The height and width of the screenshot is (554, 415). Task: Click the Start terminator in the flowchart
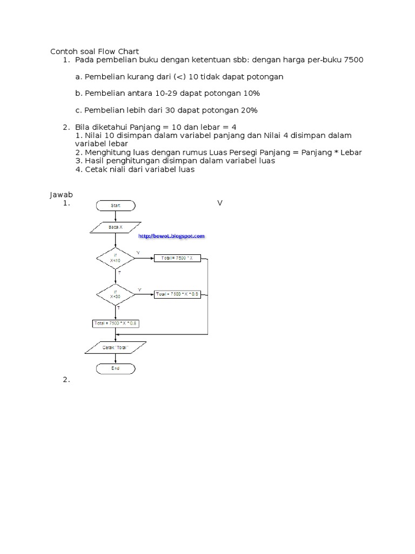coord(116,205)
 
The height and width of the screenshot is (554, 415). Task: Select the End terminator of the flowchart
coord(116,368)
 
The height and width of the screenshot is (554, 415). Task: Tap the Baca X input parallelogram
coord(116,228)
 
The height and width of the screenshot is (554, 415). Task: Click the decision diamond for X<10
coord(116,259)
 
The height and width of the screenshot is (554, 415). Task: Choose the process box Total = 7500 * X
coord(177,259)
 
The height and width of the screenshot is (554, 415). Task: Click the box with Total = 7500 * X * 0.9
coord(177,294)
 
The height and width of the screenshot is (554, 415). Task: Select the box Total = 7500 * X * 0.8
coord(116,323)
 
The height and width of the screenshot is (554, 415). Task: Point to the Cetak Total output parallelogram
coord(116,347)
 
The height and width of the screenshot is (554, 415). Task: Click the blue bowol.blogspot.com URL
coord(172,236)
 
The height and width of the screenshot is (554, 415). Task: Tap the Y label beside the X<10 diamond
coord(138,253)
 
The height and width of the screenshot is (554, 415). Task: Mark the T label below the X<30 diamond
coord(118,307)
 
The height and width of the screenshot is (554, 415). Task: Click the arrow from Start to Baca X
coord(116,216)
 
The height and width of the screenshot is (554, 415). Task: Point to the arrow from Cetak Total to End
coord(116,358)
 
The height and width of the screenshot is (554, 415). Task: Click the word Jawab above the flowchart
coord(61,194)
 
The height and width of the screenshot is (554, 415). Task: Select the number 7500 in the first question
coord(353,60)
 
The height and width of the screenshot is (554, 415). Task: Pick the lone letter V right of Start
coord(220,203)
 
